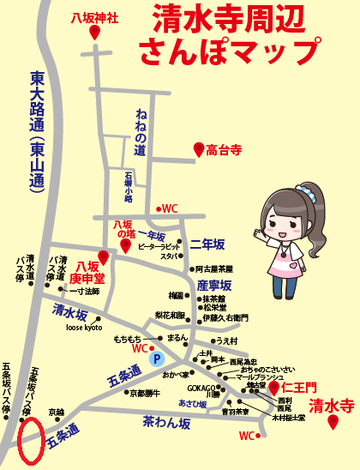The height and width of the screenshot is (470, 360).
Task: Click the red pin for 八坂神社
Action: click(93, 32)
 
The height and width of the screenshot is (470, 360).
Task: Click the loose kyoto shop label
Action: click(83, 328)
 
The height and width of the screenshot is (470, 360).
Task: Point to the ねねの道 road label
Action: click(141, 129)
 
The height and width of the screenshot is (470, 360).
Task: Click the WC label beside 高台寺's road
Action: click(170, 208)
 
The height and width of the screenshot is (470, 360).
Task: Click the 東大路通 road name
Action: click(38, 129)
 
